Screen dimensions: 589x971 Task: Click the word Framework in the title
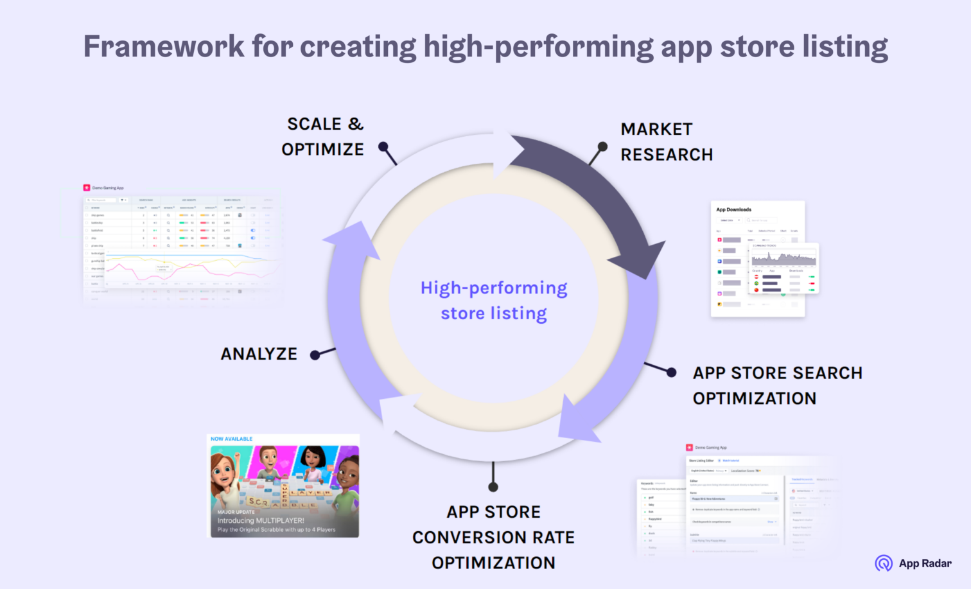[x=164, y=47]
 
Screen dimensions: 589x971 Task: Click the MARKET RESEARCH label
[x=666, y=142]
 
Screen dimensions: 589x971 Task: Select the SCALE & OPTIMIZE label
[x=323, y=136]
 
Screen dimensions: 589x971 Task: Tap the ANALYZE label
[x=259, y=354]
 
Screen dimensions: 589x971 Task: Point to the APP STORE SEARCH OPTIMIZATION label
[x=776, y=385]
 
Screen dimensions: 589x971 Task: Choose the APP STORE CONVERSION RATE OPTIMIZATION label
[x=493, y=537]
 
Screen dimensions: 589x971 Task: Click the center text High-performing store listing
[x=493, y=301]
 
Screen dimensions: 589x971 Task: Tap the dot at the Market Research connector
[x=602, y=146]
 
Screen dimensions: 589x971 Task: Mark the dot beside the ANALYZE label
[x=315, y=355]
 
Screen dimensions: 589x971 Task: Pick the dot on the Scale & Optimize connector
[x=383, y=146]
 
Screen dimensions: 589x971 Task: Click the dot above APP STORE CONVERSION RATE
[x=493, y=486]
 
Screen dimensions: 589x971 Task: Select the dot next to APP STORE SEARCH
[x=671, y=373]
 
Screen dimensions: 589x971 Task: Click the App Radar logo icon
[x=884, y=563]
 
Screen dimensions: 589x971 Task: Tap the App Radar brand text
[x=925, y=563]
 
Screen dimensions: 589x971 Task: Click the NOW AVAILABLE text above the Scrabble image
[x=231, y=439]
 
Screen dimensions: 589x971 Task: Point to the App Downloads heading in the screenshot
[x=733, y=209]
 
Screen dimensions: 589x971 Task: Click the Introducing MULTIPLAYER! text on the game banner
[x=261, y=521]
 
